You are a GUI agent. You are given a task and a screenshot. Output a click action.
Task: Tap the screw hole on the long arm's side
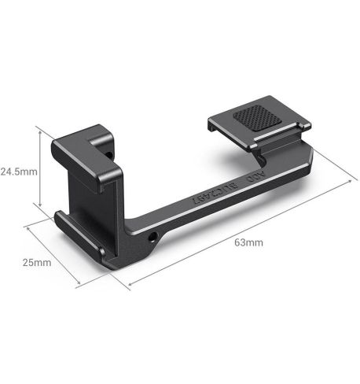point(150,236)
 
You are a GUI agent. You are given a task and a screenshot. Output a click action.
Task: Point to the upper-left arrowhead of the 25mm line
point(28,227)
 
